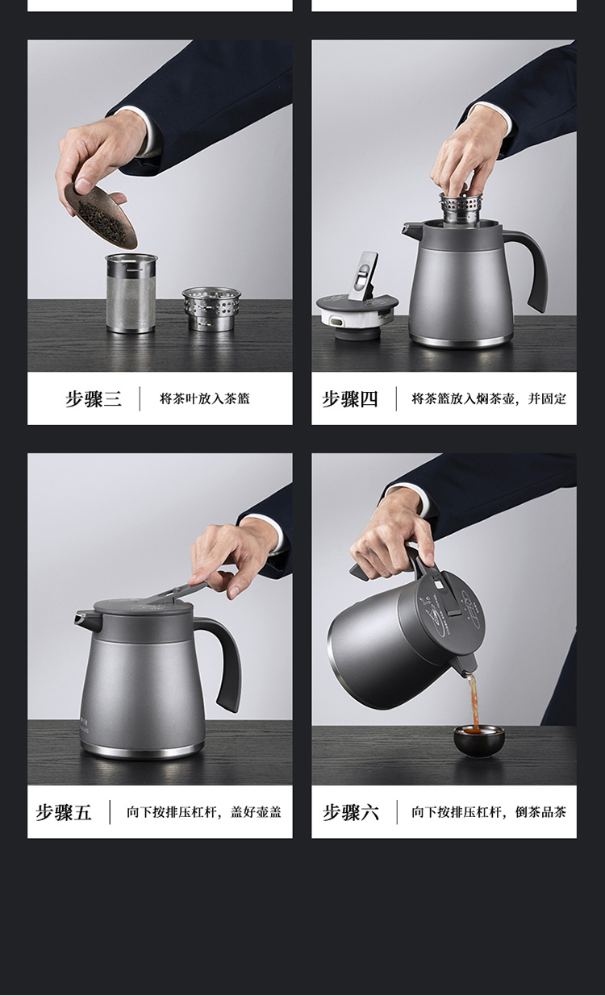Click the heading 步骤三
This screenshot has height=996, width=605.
pos(94,399)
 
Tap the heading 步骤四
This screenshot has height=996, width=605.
pos(350,399)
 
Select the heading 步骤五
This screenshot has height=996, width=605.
pos(64,812)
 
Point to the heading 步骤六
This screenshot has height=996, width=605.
pos(351,812)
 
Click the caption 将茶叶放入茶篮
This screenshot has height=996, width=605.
pos(205,399)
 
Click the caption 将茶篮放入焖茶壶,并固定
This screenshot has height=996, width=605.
pos(489,399)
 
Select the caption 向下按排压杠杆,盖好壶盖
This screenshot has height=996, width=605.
pos(204,812)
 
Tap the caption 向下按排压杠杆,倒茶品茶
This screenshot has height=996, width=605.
pos(489,812)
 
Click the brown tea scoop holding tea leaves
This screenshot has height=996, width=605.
pos(101,214)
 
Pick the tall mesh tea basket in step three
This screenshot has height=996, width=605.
pos(131,293)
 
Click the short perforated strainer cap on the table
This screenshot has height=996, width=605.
pos(211,309)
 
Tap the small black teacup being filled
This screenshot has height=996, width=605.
pos(479,741)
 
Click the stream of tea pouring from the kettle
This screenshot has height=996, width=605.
pos(474,699)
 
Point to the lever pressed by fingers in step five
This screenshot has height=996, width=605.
pos(178,592)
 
